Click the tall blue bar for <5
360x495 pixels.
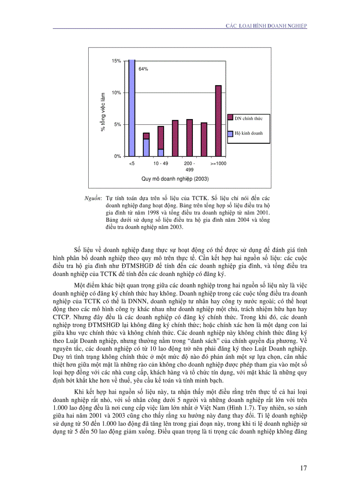[131, 108]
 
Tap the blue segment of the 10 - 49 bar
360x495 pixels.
[161, 153]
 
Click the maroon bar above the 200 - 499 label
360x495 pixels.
[189, 138]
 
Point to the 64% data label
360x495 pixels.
[143, 69]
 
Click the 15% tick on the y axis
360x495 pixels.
[116, 61]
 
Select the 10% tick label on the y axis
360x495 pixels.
[116, 93]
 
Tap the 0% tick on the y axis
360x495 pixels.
[118, 156]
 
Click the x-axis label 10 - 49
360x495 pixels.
[161, 164]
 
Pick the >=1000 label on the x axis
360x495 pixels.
[218, 164]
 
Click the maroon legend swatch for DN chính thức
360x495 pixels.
[230, 117]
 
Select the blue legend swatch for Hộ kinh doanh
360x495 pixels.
[230, 133]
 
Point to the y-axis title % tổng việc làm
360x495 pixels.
[103, 112]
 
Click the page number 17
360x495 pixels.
[303, 468]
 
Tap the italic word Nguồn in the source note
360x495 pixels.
[93, 199]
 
